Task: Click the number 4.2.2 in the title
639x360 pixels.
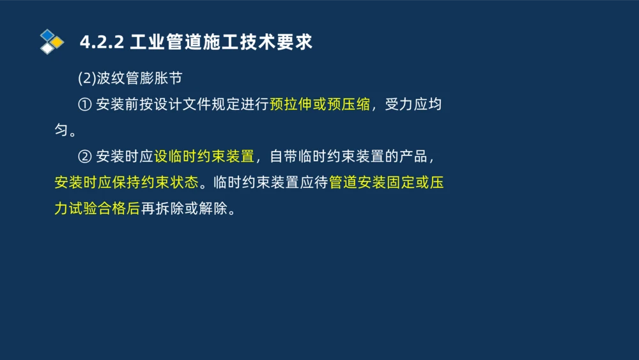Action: [101, 43]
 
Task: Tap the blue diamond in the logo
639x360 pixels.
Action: [47, 35]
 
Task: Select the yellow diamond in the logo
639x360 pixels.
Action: [58, 42]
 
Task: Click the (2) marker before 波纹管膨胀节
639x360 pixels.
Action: [86, 79]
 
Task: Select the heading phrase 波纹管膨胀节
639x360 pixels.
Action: [139, 79]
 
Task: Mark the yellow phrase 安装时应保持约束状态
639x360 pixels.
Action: [126, 183]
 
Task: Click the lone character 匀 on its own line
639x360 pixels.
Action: [61, 131]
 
